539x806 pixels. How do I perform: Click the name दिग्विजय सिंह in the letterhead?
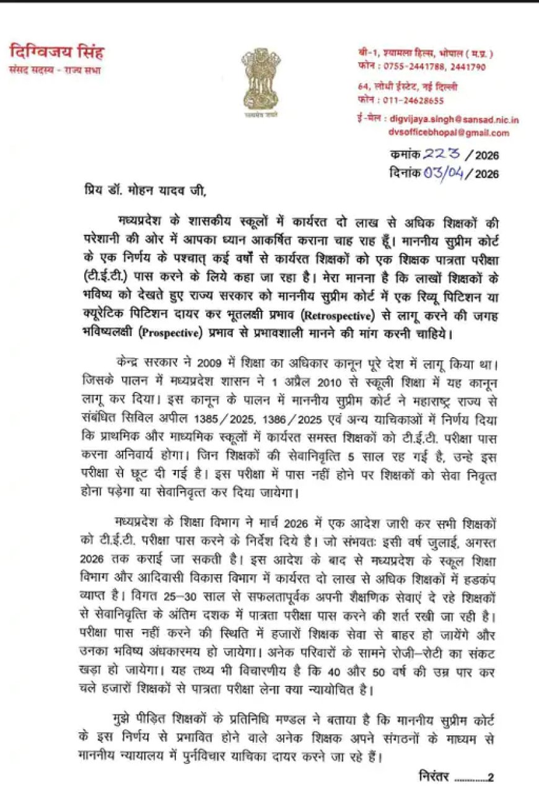(x=56, y=52)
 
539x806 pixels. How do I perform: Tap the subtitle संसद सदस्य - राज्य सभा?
(x=54, y=70)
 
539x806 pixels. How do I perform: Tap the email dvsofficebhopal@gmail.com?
(x=449, y=133)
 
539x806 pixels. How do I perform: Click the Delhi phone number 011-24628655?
(x=418, y=100)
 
